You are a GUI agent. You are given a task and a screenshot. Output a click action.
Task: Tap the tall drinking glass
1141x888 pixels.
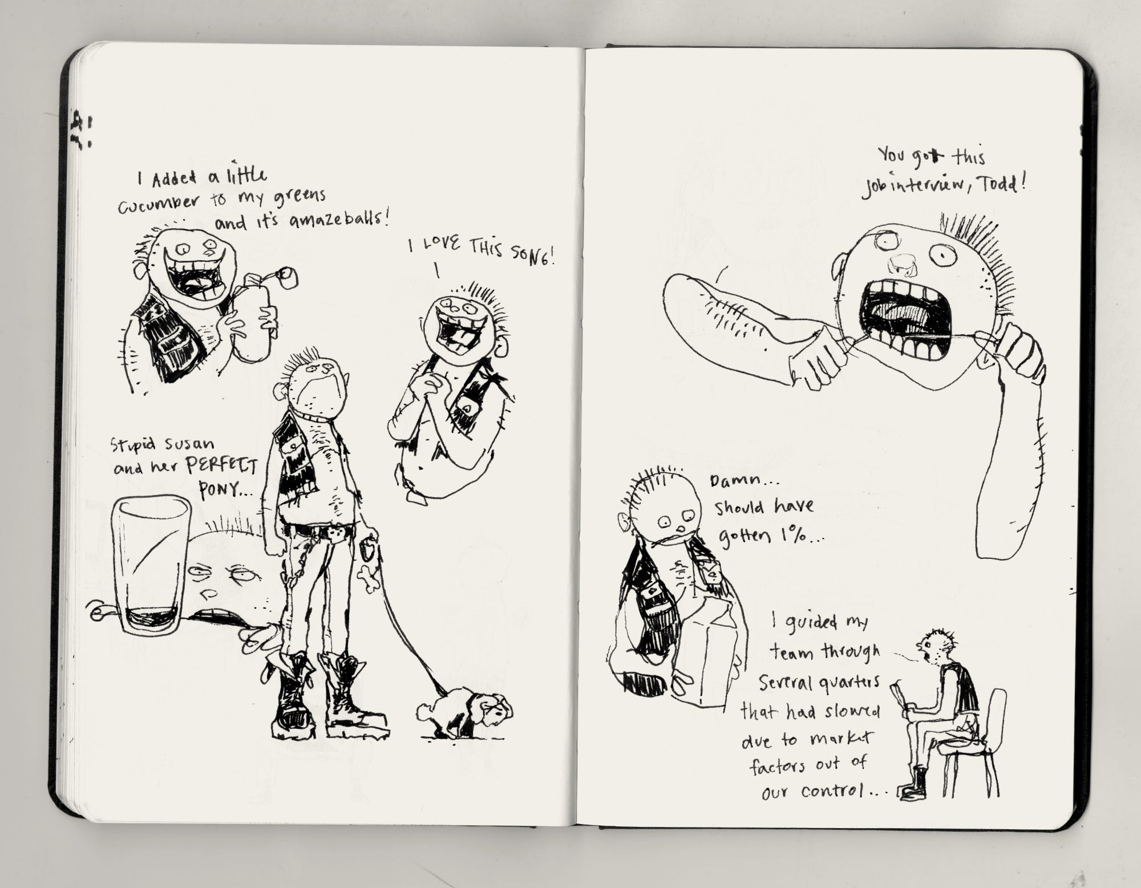click(x=151, y=565)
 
